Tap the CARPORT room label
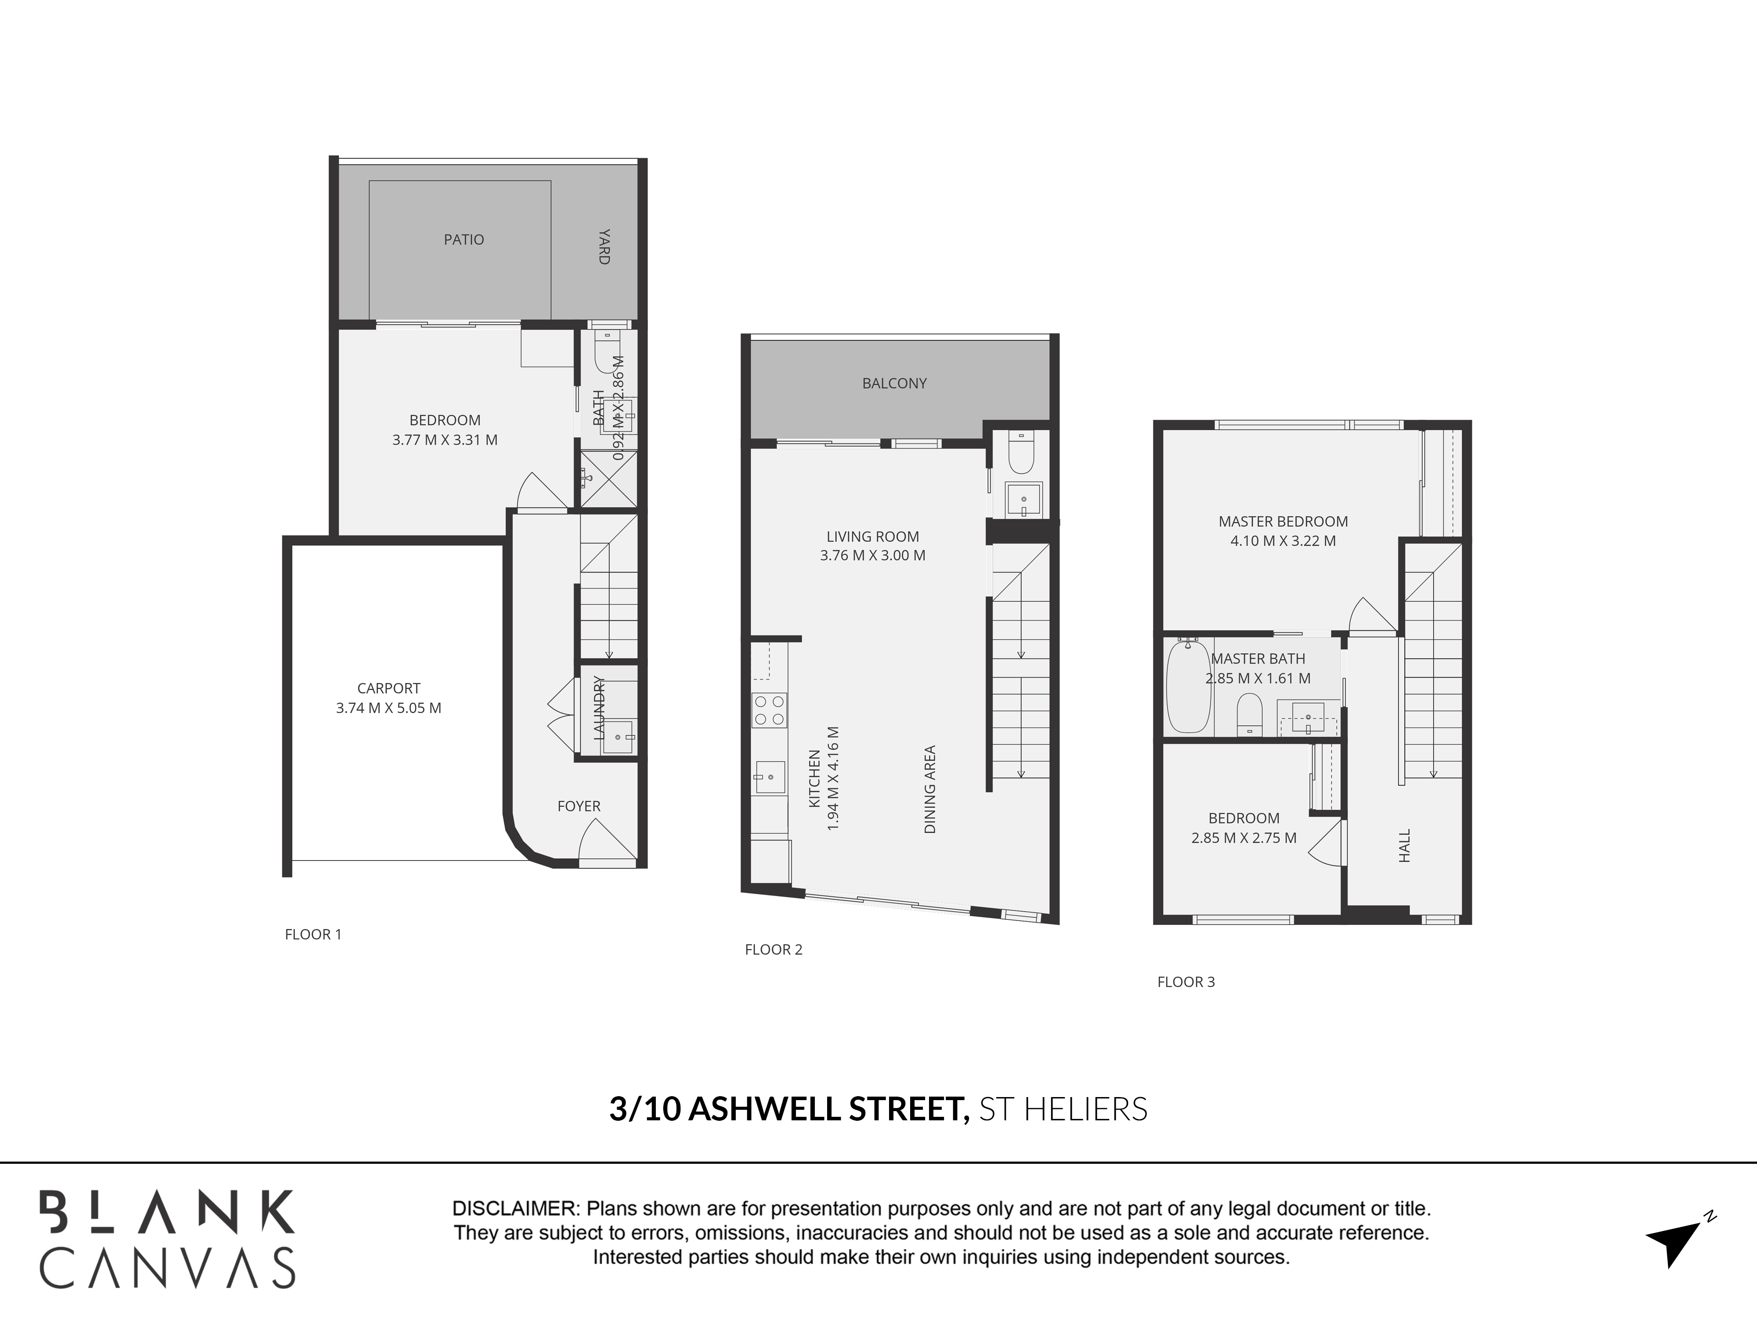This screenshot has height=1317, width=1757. click(x=388, y=688)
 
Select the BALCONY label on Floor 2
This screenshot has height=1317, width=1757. click(x=894, y=383)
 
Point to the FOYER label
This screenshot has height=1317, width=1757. click(x=578, y=806)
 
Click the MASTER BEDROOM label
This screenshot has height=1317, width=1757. click(x=1283, y=522)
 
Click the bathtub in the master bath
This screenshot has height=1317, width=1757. click(x=1187, y=687)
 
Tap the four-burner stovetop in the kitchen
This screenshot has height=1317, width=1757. click(x=769, y=710)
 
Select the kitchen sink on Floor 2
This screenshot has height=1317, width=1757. click(x=769, y=776)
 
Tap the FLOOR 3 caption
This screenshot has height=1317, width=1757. click(x=1186, y=982)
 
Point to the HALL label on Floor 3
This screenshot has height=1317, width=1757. click(x=1404, y=846)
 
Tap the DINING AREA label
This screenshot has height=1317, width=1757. click(x=930, y=789)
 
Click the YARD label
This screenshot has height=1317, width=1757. click(x=604, y=246)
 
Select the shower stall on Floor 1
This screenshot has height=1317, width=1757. click(x=608, y=479)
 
